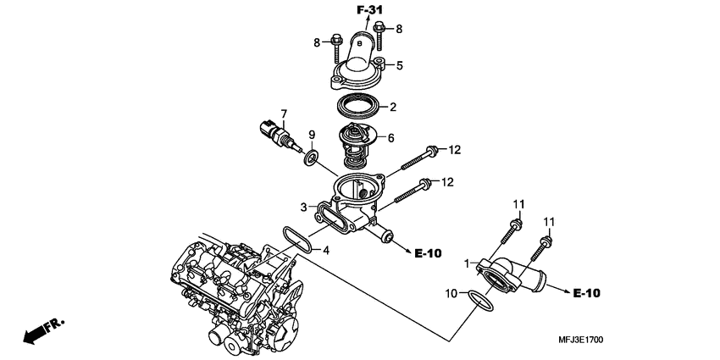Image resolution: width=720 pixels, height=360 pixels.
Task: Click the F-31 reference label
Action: pyautogui.click(x=370, y=9)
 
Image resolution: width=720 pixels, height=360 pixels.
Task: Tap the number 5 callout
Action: pyautogui.click(x=400, y=66)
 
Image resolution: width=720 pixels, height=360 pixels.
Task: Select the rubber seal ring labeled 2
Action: pyautogui.click(x=358, y=106)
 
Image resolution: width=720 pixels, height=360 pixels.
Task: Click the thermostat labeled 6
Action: pyautogui.click(x=357, y=146)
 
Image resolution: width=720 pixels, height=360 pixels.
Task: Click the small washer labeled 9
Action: pyautogui.click(x=311, y=158)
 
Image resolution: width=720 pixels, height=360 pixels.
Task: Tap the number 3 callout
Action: pyautogui.click(x=303, y=208)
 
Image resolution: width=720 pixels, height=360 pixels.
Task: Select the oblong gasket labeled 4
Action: pyautogui.click(x=297, y=239)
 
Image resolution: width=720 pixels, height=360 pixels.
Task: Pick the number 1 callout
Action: pyautogui.click(x=467, y=264)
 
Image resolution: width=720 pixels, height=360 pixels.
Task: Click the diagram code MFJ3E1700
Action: pyautogui.click(x=581, y=340)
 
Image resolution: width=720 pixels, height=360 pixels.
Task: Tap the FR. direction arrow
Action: pyautogui.click(x=43, y=330)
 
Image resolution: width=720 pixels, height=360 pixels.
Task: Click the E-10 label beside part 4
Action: pyautogui.click(x=428, y=253)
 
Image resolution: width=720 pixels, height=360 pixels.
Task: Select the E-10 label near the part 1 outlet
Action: pyautogui.click(x=587, y=293)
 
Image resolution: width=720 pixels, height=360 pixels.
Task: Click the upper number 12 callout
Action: pyautogui.click(x=454, y=150)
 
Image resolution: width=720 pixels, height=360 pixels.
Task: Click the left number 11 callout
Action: pyautogui.click(x=519, y=204)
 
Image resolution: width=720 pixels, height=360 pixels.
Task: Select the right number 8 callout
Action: pyautogui.click(x=399, y=29)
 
